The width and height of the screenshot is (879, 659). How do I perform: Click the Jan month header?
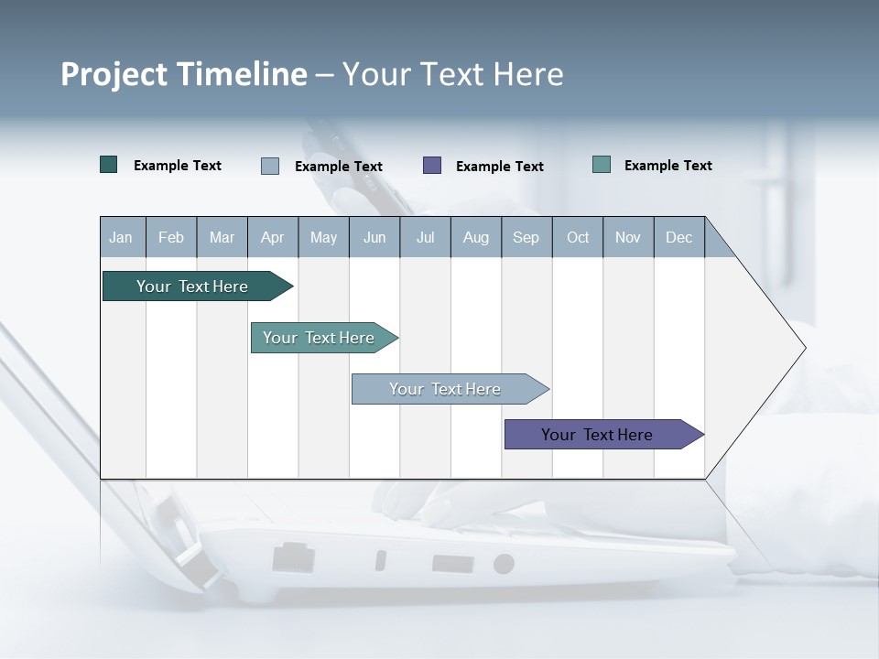122,237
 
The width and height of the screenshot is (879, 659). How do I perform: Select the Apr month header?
273,237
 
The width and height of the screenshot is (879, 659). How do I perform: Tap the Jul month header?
425,237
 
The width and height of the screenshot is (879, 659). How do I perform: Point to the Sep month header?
526,237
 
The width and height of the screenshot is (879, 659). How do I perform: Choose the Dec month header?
678,237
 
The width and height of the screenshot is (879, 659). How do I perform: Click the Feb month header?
171,237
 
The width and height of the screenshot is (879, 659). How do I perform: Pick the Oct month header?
578,237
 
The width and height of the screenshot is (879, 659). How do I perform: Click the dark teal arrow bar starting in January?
192,286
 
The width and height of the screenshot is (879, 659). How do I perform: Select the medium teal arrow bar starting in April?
319,338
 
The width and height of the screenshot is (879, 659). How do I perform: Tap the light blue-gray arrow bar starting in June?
445,389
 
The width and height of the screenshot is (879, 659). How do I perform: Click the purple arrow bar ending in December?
597,435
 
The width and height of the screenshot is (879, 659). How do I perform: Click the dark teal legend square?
109,165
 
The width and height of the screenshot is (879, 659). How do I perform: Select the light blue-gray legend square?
270,166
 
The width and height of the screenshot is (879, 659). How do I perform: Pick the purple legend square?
432,165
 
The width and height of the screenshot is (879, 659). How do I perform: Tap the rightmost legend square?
602,165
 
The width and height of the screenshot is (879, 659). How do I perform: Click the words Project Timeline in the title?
184,74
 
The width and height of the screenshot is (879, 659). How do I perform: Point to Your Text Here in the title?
453,74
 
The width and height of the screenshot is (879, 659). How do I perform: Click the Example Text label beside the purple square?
500,166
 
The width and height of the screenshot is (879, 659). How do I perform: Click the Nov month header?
628,237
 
